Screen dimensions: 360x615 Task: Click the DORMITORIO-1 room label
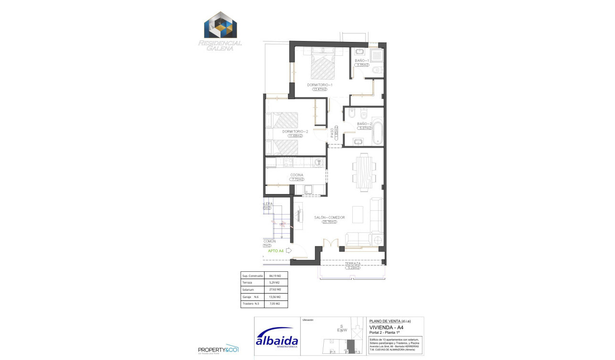319,84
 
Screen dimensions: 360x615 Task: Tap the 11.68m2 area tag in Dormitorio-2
295,136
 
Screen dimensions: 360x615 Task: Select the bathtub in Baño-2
377,133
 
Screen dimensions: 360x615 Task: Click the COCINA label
297,175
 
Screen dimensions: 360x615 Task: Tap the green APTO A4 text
276,251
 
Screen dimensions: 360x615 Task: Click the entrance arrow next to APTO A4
288,250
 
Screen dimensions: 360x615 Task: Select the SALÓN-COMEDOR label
329,217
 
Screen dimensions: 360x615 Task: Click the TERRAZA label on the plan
352,263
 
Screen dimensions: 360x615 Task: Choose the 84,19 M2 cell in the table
276,276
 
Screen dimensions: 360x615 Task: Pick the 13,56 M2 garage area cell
276,297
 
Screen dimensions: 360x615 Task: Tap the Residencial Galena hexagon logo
220,26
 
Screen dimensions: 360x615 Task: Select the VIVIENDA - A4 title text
387,328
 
